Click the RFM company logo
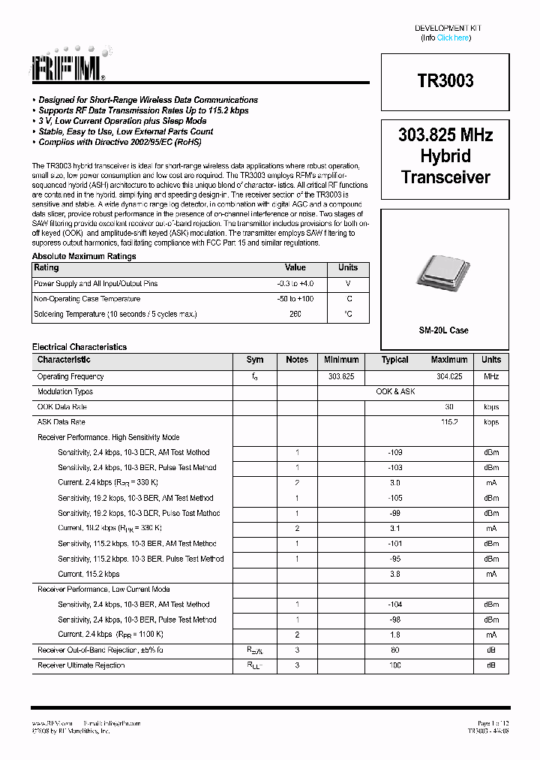point(68,67)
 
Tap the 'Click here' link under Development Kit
point(453,38)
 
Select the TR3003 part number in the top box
point(445,81)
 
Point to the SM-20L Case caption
point(444,330)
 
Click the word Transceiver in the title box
point(445,178)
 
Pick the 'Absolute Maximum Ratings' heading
point(84,257)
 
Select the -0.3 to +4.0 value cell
point(295,284)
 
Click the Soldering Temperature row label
point(115,314)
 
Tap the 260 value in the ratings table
point(295,314)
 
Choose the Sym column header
point(255,360)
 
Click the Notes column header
point(297,360)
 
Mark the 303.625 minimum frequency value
point(341,377)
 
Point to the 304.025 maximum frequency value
point(449,377)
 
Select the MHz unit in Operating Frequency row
point(491,377)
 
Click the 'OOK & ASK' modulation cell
point(395,392)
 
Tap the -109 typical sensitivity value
point(395,453)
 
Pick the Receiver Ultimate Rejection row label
point(81,665)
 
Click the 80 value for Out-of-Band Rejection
point(395,650)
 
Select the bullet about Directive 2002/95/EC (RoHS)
point(120,142)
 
